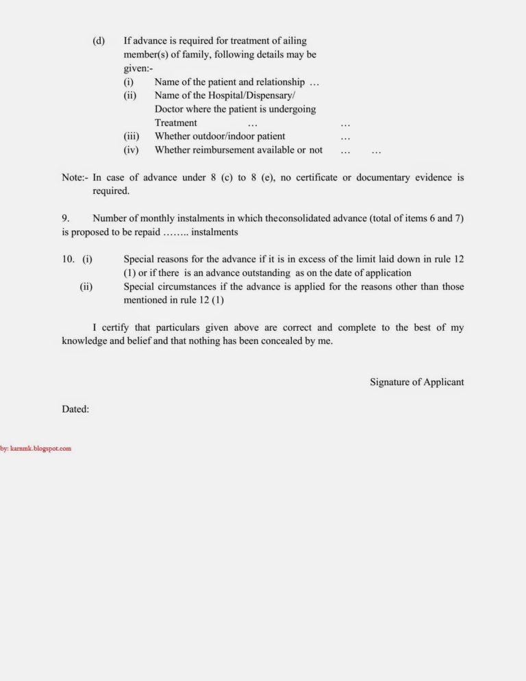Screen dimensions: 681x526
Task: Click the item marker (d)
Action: coord(99,40)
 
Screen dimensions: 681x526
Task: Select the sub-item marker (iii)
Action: coord(131,136)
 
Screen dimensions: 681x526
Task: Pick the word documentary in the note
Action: coord(384,177)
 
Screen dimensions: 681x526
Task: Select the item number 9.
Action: coord(66,219)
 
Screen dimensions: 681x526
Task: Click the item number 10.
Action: coord(68,260)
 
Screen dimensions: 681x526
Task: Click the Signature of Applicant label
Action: coord(416,382)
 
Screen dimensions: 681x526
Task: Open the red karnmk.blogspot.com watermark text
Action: coord(36,449)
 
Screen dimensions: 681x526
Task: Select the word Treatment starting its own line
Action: coord(175,123)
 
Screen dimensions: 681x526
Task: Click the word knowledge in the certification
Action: coord(84,341)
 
